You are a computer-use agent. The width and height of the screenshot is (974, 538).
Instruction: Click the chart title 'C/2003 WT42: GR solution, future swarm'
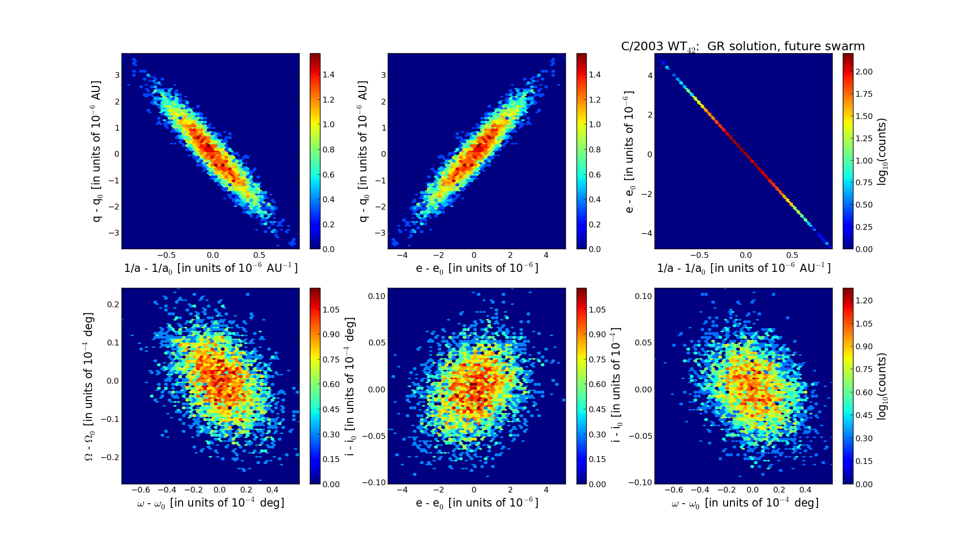(743, 46)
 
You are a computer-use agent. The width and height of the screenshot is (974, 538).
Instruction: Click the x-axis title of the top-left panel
(211, 268)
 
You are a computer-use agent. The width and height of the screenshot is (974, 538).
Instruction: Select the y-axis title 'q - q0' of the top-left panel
(97, 151)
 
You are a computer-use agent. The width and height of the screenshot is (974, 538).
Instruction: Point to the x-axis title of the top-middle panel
(477, 268)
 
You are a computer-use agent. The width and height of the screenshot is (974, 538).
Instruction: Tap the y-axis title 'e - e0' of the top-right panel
(629, 151)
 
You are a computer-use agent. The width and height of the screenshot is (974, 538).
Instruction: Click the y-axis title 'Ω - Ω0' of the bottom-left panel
(89, 386)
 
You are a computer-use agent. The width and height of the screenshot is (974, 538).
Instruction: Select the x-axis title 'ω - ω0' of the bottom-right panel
(745, 503)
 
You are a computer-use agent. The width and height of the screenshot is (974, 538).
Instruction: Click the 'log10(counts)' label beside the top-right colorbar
(882, 151)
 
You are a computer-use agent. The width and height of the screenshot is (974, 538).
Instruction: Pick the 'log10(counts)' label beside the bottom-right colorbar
(882, 386)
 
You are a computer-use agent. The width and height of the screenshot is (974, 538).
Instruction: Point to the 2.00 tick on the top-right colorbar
(864, 72)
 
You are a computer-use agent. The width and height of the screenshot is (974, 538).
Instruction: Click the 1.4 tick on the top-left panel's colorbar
(329, 75)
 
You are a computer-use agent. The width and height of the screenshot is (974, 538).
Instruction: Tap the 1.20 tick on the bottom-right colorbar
(864, 300)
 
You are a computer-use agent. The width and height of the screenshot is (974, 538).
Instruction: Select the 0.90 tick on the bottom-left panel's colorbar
(331, 334)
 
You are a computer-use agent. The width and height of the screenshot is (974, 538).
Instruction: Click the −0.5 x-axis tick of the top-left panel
(166, 255)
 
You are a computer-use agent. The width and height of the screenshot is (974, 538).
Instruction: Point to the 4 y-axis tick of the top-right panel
(650, 75)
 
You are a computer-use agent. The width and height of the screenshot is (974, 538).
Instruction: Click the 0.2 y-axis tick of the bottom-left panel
(113, 304)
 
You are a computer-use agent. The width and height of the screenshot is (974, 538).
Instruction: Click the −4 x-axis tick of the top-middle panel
(402, 255)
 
